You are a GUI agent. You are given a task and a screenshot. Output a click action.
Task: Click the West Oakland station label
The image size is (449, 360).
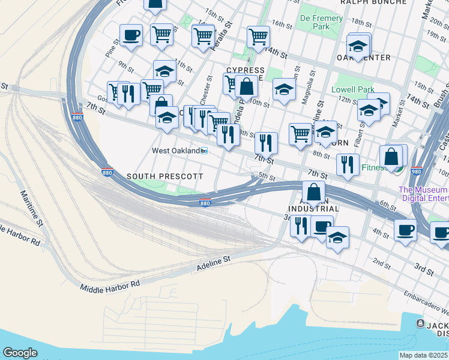tap(175, 151)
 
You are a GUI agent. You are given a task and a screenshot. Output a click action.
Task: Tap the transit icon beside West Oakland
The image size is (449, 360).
tap(204, 151)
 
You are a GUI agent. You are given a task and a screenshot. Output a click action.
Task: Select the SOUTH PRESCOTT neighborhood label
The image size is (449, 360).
tap(164, 176)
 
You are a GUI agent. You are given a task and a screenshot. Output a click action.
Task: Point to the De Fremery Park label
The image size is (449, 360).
tap(322, 22)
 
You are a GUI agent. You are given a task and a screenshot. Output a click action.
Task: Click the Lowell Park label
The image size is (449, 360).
tap(353, 90)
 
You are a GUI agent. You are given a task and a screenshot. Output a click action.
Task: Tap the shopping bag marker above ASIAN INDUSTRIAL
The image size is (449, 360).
tap(313, 193)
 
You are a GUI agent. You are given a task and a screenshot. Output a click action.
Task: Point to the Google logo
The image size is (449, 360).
tap(20, 353)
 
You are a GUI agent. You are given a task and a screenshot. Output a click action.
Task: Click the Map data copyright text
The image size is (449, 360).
tap(424, 355)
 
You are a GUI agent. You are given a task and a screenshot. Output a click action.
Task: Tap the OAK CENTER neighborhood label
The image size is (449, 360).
tap(364, 58)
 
